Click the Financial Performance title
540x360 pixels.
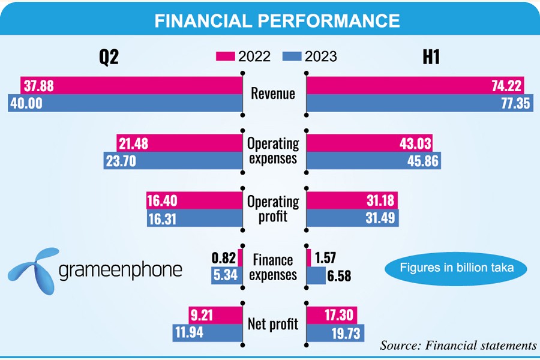[277, 20]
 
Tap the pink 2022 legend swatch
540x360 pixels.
[225, 57]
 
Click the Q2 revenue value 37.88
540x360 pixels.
[37, 86]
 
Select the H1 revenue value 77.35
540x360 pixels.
[514, 103]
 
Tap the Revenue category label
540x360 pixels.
[273, 94]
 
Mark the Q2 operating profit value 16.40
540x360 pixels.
[162, 201]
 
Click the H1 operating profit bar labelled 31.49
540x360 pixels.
[352, 218]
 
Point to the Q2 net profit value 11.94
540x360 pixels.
[190, 332]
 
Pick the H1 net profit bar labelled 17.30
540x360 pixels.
[332, 314]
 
